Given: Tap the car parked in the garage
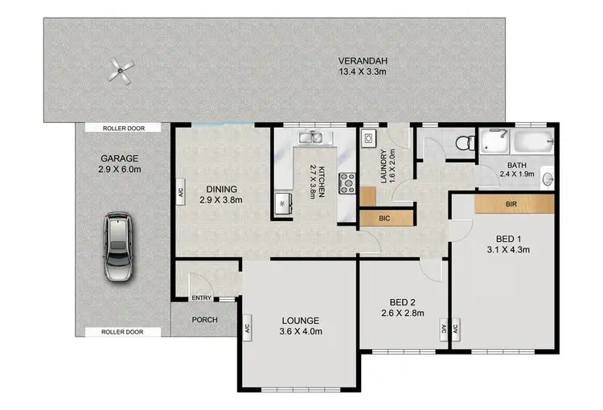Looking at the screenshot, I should pos(117,247).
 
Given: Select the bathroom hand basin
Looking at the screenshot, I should pos(548,178).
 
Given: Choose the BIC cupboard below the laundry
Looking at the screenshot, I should pos(385,217).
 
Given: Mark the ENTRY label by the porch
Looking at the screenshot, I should pos(201,299).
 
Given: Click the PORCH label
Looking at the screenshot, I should pos(204,319).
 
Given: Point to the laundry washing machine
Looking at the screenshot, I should pos(368,138).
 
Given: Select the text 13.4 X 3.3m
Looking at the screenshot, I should pos(360,72).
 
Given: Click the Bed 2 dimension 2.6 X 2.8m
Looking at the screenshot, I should pos(402,314).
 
